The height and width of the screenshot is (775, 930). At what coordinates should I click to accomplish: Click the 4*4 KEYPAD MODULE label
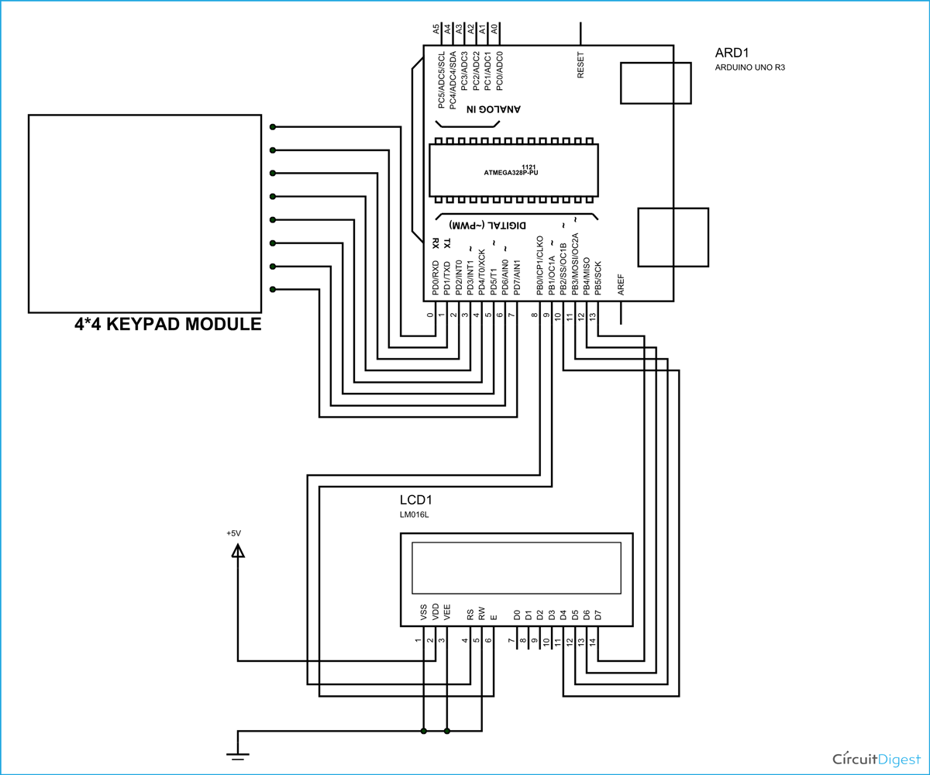167,325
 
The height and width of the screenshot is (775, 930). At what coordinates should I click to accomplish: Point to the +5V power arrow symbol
237,551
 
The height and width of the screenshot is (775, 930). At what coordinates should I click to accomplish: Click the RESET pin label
580,64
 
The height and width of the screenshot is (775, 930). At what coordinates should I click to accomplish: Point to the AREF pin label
621,285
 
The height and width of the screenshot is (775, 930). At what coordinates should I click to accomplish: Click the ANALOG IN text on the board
493,109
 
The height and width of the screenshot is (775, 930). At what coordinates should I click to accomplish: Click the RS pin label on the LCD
470,615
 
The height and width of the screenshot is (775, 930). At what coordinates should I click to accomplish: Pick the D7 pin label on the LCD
598,615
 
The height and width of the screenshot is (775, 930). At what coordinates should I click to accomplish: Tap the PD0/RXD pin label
436,279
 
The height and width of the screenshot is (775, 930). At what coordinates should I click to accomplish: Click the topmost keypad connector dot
272,127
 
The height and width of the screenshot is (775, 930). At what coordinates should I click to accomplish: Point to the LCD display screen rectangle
516,567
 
